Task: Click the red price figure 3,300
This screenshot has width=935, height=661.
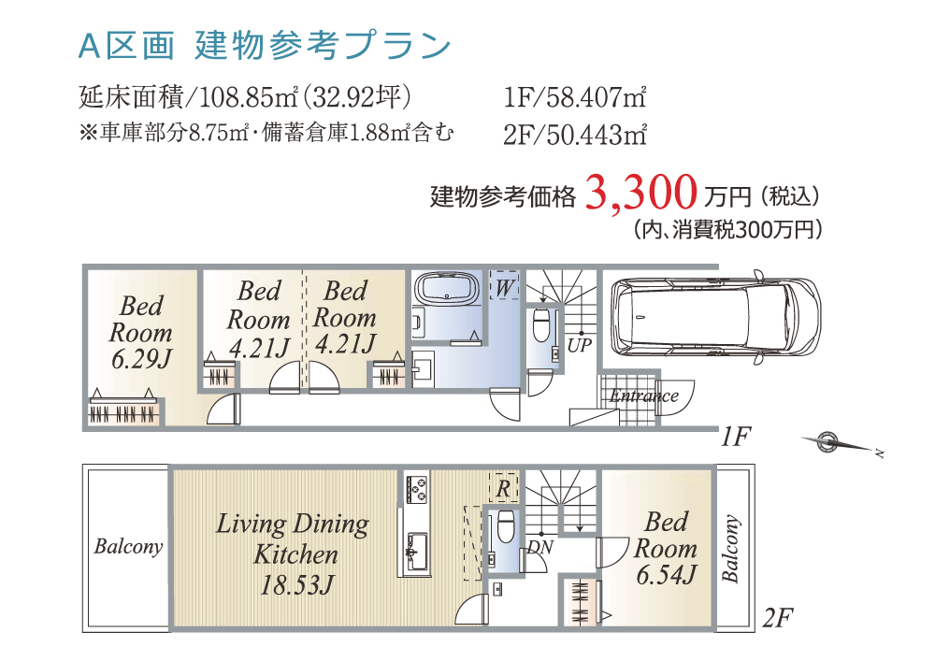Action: [x=641, y=194]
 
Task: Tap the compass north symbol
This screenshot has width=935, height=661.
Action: [x=840, y=443]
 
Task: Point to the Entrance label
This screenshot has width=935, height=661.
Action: [x=644, y=395]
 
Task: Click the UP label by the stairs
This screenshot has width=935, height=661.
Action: [x=579, y=345]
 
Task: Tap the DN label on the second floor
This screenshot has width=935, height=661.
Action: [x=540, y=547]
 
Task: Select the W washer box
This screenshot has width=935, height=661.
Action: [x=505, y=285]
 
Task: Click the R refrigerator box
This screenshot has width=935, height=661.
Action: [x=503, y=488]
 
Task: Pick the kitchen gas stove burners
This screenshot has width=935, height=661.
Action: [x=417, y=489]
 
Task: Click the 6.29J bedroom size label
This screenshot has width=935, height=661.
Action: [x=141, y=359]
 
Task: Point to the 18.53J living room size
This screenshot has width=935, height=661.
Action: [x=296, y=584]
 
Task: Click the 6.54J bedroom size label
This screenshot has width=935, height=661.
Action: [x=666, y=575]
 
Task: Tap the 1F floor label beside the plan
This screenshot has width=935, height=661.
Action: [x=735, y=437]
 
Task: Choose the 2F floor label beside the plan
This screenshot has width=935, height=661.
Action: [x=778, y=618]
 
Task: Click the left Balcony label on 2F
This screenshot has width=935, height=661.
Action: [x=128, y=547]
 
